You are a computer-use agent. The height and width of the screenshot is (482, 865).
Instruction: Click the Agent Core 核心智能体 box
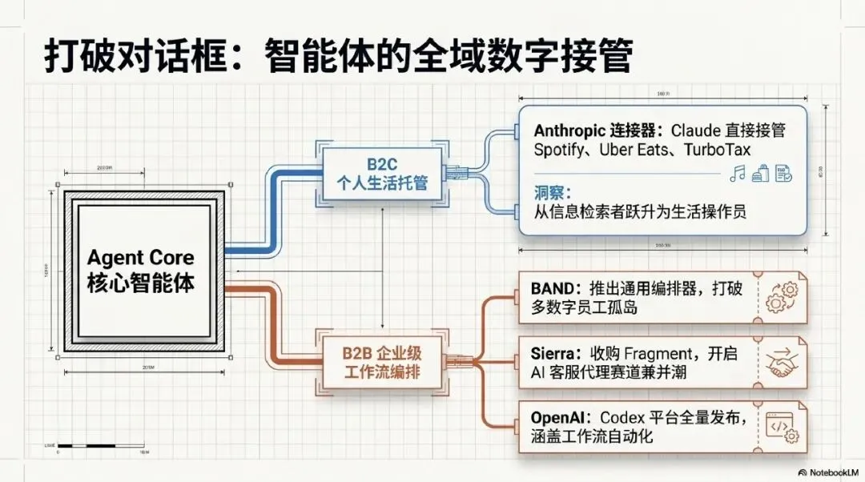point(141,270)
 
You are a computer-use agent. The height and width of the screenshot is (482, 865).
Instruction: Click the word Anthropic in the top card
point(570,131)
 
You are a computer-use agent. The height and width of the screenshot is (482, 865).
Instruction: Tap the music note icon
point(738,173)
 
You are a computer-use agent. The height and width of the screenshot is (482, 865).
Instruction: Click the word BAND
point(550,287)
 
